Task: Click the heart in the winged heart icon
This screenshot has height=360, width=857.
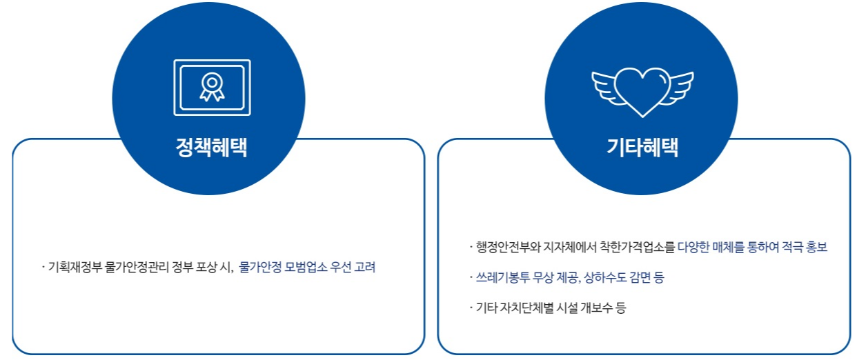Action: point(642,89)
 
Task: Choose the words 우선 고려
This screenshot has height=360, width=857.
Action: point(353,267)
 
